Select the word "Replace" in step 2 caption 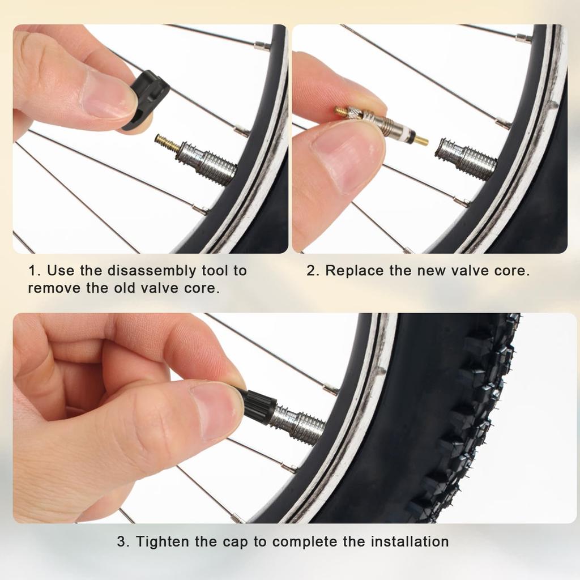coord(355,271)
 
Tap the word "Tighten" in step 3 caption coord(163,541)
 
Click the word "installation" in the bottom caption coord(410,541)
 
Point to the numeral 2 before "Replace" coord(310,271)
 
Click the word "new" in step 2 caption coord(431,271)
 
